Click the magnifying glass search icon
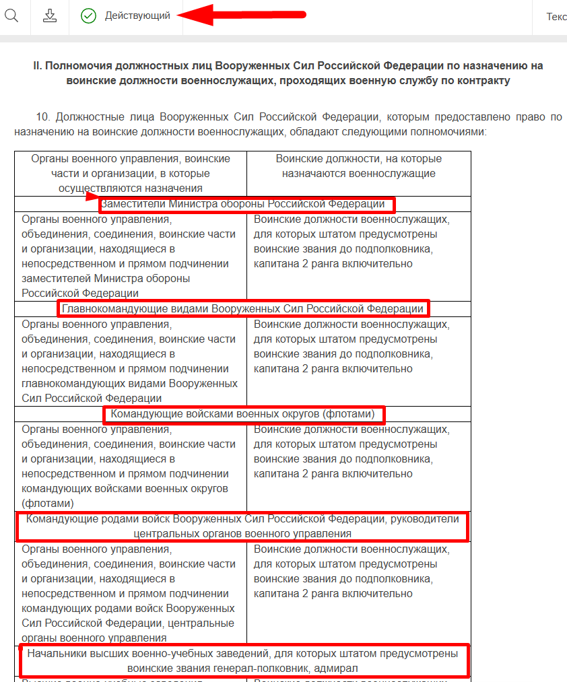tap(11, 15)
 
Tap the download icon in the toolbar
tap(50, 15)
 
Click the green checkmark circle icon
tap(88, 15)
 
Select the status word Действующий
tap(137, 15)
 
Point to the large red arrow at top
tap(242, 14)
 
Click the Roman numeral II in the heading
tap(38, 66)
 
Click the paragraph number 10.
tap(42, 117)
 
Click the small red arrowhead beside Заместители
tap(93, 197)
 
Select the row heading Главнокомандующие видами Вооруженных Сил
tap(243, 309)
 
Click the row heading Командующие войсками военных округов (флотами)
tap(243, 413)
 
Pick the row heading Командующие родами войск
tap(242, 526)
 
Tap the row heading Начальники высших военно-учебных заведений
tap(242, 660)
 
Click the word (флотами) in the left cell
tap(48, 503)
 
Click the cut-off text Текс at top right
tap(556, 16)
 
